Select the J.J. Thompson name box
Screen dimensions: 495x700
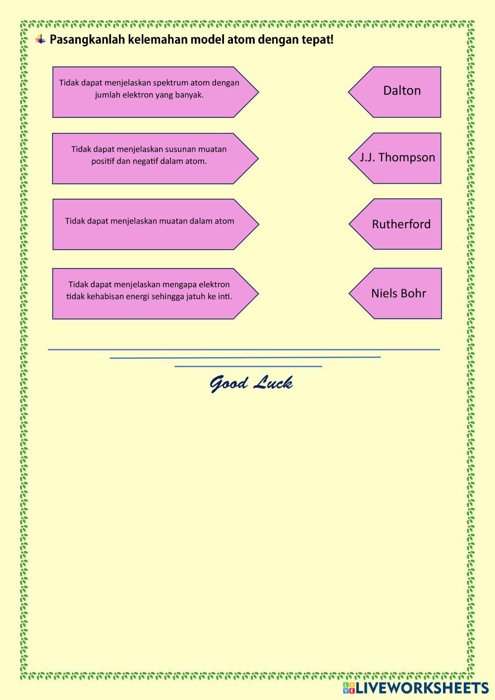click(x=397, y=158)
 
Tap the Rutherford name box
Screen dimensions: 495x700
click(x=401, y=224)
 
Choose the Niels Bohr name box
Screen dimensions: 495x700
click(x=398, y=293)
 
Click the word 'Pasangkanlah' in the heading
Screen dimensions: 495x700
click(x=87, y=40)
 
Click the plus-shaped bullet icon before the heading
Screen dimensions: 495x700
click(x=41, y=40)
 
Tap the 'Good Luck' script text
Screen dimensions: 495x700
click(x=251, y=383)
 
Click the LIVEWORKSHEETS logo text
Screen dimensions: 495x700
click(x=422, y=688)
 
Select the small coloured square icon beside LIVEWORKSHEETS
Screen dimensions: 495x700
click(x=349, y=688)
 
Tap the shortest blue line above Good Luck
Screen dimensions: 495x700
click(x=248, y=367)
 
